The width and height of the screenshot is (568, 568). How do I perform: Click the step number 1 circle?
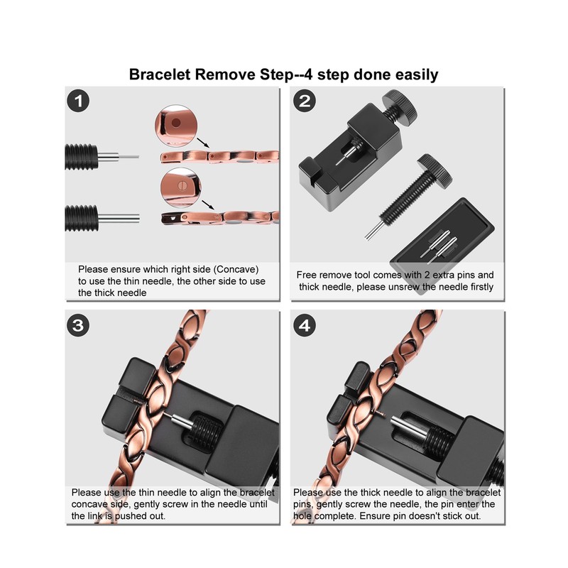pyautogui.click(x=78, y=101)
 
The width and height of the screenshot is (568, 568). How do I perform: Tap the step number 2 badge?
pyautogui.click(x=305, y=101)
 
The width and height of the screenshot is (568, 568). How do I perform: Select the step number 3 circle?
pyautogui.click(x=78, y=325)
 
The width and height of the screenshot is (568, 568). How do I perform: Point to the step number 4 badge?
pyautogui.click(x=305, y=325)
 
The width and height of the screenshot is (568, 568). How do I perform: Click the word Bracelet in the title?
pyautogui.click(x=160, y=75)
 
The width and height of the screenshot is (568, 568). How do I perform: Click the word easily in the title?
pyautogui.click(x=417, y=75)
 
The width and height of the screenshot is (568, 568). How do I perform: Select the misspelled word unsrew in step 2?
pyautogui.click(x=398, y=287)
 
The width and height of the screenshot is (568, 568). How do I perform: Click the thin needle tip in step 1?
pyautogui.click(x=138, y=157)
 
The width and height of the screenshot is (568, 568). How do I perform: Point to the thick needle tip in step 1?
pyautogui.click(x=138, y=219)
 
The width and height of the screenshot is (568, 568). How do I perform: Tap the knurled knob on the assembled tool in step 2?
pyautogui.click(x=400, y=108)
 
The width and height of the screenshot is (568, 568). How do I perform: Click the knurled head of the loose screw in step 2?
pyautogui.click(x=435, y=171)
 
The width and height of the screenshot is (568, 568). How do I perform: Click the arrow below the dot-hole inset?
pyautogui.click(x=203, y=143)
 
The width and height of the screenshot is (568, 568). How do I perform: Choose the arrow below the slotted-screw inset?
pyautogui.click(x=207, y=205)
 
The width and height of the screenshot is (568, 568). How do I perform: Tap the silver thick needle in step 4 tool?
pyautogui.click(x=410, y=427)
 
